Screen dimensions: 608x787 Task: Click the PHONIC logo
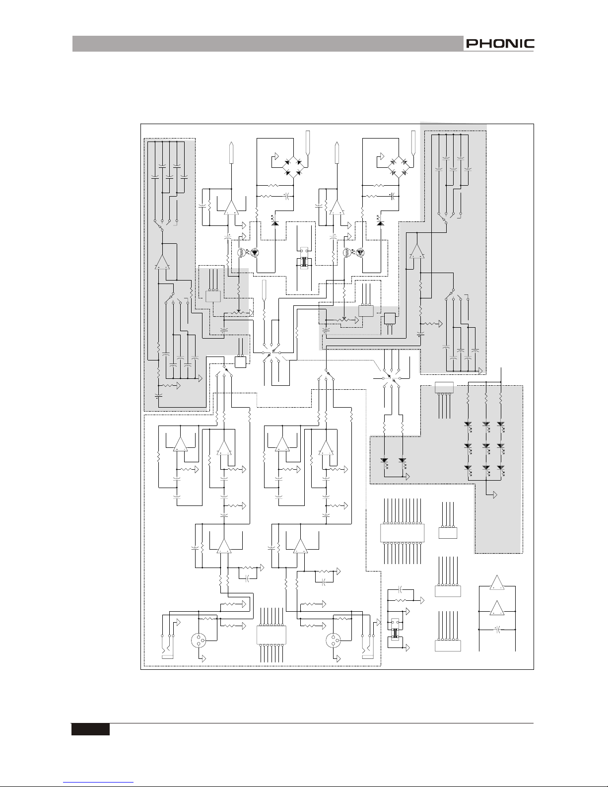tap(499, 44)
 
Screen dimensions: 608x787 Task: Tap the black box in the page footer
tap(90, 729)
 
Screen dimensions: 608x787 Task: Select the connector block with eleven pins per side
tap(402, 532)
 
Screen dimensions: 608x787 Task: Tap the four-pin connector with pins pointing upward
tap(448, 532)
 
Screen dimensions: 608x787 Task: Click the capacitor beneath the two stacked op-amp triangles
tap(497, 629)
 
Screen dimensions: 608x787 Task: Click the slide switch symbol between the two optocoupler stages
tap(303, 259)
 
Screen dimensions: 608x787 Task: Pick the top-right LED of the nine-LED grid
tap(500, 426)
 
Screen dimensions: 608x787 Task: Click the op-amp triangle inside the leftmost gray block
tap(162, 261)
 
